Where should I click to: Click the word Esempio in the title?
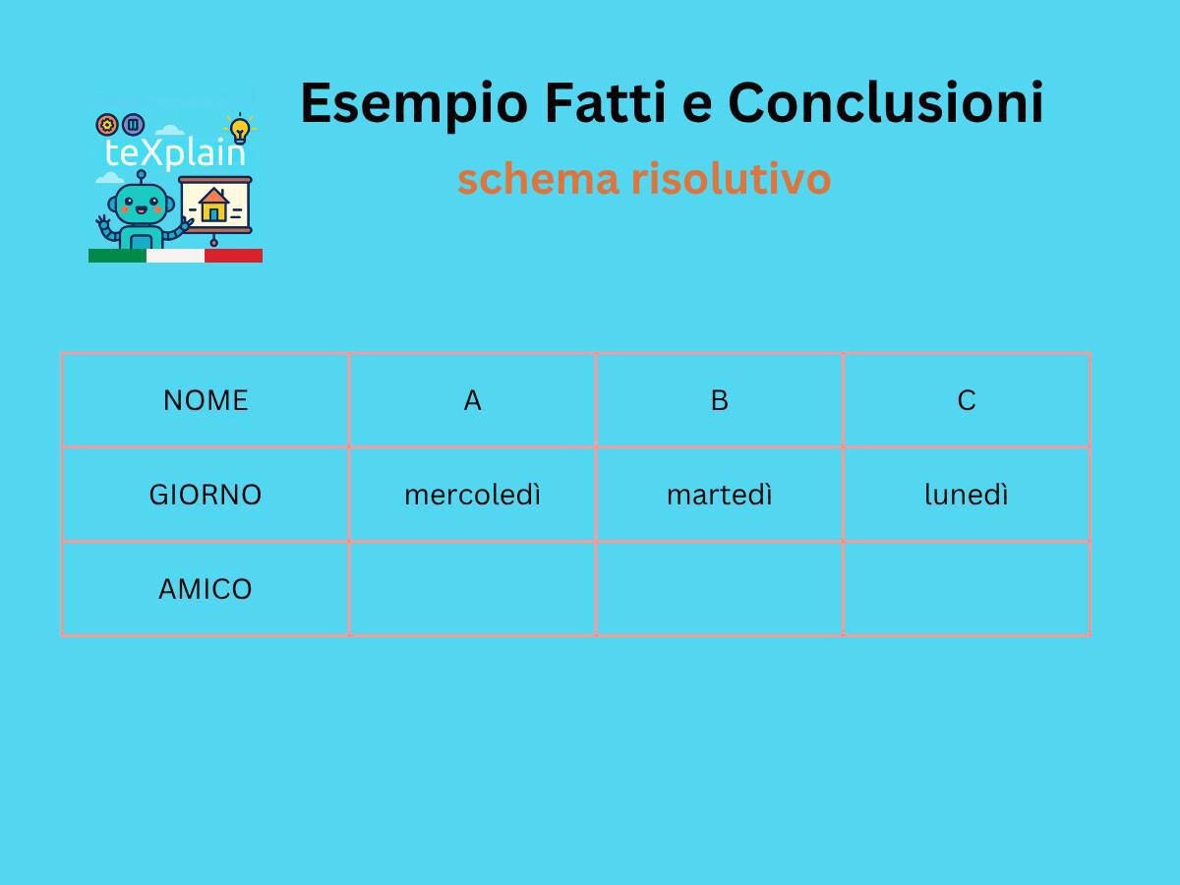coord(414,103)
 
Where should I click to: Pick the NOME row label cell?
coord(206,400)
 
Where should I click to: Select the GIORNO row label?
coord(206,495)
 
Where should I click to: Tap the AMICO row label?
coord(206,589)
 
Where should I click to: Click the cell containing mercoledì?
coord(472,495)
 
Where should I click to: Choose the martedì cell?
coord(719,495)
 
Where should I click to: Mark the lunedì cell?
coord(966,495)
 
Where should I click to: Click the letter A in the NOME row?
coord(472,400)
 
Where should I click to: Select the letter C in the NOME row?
coord(966,400)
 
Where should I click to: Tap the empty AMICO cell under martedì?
coord(719,589)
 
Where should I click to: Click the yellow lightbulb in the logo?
coord(239,129)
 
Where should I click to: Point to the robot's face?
coord(141,206)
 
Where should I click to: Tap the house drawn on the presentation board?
coord(213,205)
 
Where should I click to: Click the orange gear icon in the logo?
coord(107,125)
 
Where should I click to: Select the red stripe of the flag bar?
coord(233,256)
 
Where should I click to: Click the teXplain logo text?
coord(174,153)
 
